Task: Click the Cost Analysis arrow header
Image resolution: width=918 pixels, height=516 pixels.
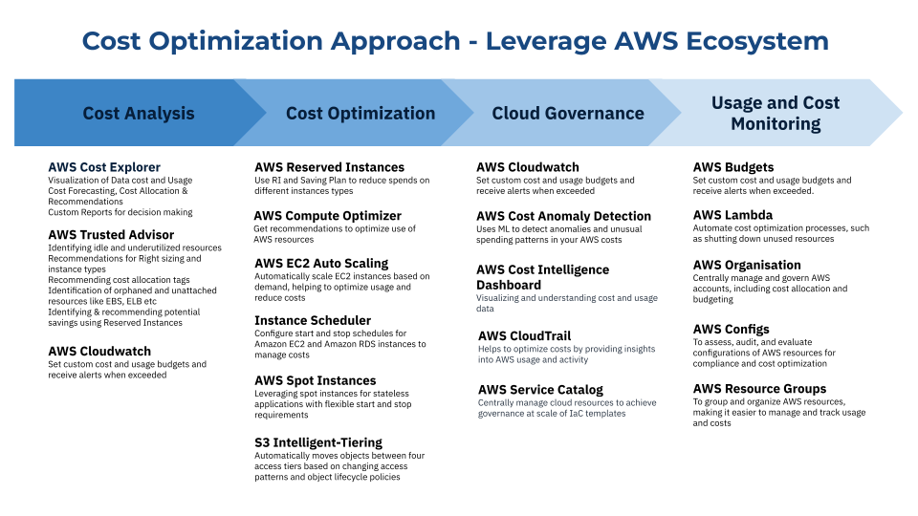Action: pyautogui.click(x=139, y=113)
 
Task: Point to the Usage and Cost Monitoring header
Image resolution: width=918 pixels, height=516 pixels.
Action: pyautogui.click(x=776, y=113)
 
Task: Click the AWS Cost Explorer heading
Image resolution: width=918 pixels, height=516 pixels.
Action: pyautogui.click(x=104, y=167)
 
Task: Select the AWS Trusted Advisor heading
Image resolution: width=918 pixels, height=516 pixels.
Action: pyautogui.click(x=111, y=235)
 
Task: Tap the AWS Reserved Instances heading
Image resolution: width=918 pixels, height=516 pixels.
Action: pyautogui.click(x=329, y=167)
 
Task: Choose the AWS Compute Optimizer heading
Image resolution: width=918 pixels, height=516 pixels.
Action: pyautogui.click(x=328, y=216)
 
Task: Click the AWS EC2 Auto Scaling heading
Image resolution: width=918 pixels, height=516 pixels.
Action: pyautogui.click(x=321, y=264)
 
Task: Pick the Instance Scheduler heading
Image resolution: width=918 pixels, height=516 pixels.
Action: pyautogui.click(x=313, y=321)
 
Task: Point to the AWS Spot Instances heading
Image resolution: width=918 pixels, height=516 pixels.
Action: pyautogui.click(x=315, y=381)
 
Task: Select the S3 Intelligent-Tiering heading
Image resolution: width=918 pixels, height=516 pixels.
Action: pyautogui.click(x=317, y=442)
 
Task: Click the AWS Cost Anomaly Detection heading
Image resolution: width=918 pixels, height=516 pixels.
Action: pyautogui.click(x=563, y=217)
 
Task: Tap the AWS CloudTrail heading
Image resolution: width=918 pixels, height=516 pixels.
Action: pyautogui.click(x=524, y=335)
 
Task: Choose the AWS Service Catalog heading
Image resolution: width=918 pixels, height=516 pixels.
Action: pyautogui.click(x=540, y=390)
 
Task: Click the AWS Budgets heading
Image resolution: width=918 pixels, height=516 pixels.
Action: pyautogui.click(x=733, y=167)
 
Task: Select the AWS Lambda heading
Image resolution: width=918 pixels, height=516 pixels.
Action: pyautogui.click(x=732, y=215)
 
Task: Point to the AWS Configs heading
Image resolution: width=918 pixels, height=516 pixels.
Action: pyautogui.click(x=731, y=330)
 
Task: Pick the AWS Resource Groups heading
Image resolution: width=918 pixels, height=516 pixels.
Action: pyautogui.click(x=759, y=389)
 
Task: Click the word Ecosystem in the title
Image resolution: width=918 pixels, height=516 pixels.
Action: pyautogui.click(x=757, y=41)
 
